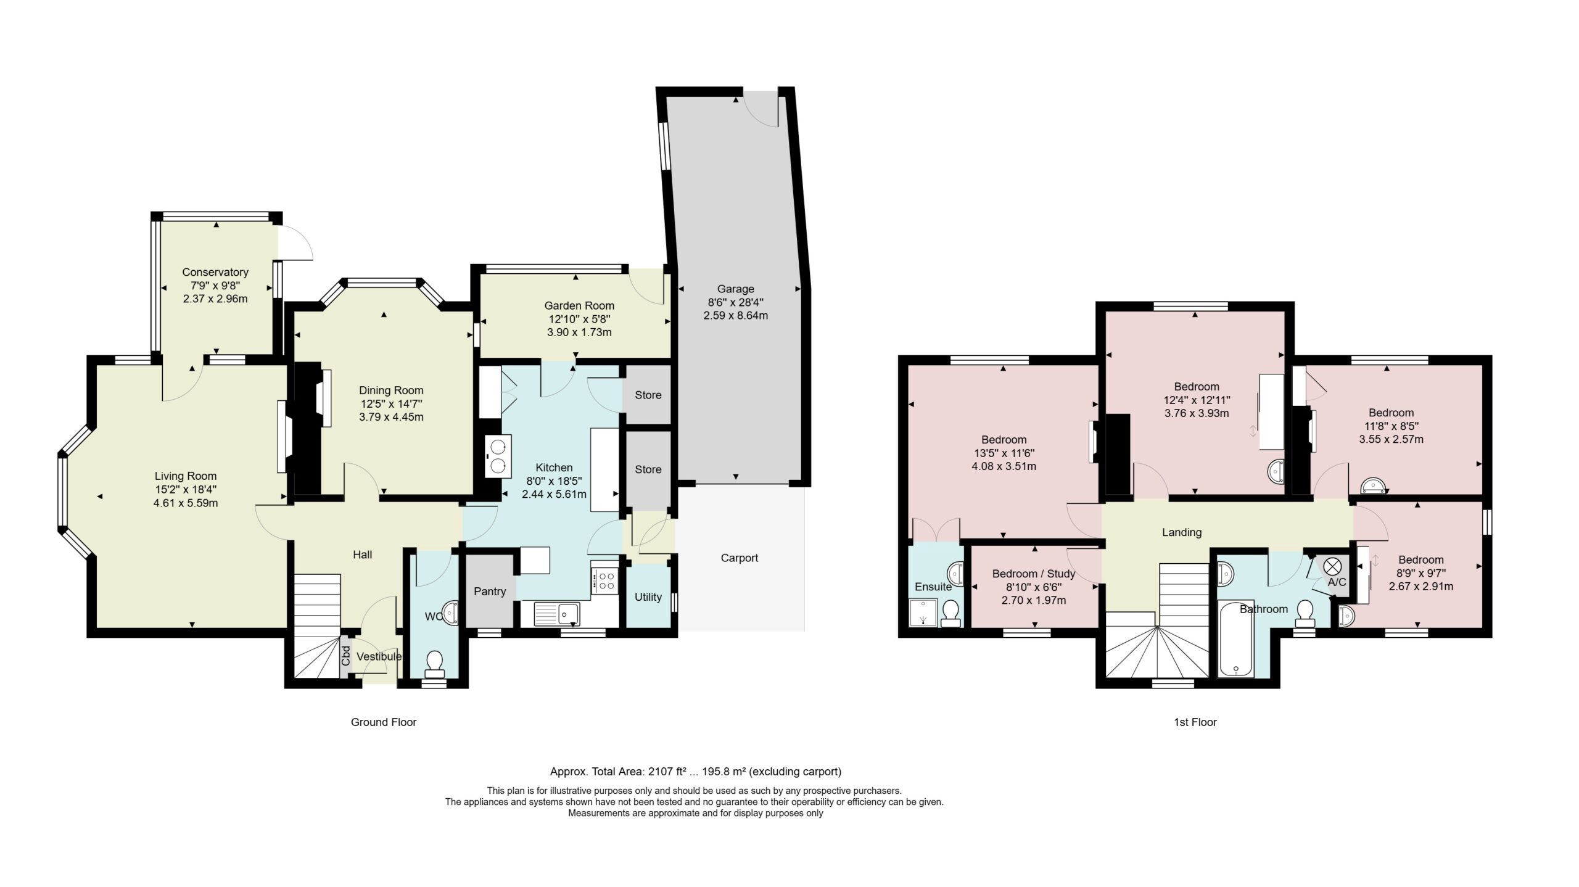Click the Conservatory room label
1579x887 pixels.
[x=215, y=272]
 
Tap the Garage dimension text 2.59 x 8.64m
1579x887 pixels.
[x=735, y=316]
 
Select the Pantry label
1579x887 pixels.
[x=490, y=592]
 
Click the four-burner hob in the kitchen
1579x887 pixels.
[x=604, y=580]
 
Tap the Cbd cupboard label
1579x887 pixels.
[x=346, y=656]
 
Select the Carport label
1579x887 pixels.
[x=740, y=558]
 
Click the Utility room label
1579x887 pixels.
[x=648, y=597]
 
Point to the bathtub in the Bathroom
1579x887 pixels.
[x=1236, y=640]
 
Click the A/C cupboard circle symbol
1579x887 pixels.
[x=1333, y=566]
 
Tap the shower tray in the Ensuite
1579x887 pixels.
[x=924, y=614]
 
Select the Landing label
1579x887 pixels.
[x=1182, y=532]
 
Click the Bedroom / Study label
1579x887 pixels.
[x=1034, y=574]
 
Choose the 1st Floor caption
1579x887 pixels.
[x=1195, y=722]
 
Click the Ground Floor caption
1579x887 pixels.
[x=384, y=722]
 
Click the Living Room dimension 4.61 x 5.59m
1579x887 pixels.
[x=186, y=503]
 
